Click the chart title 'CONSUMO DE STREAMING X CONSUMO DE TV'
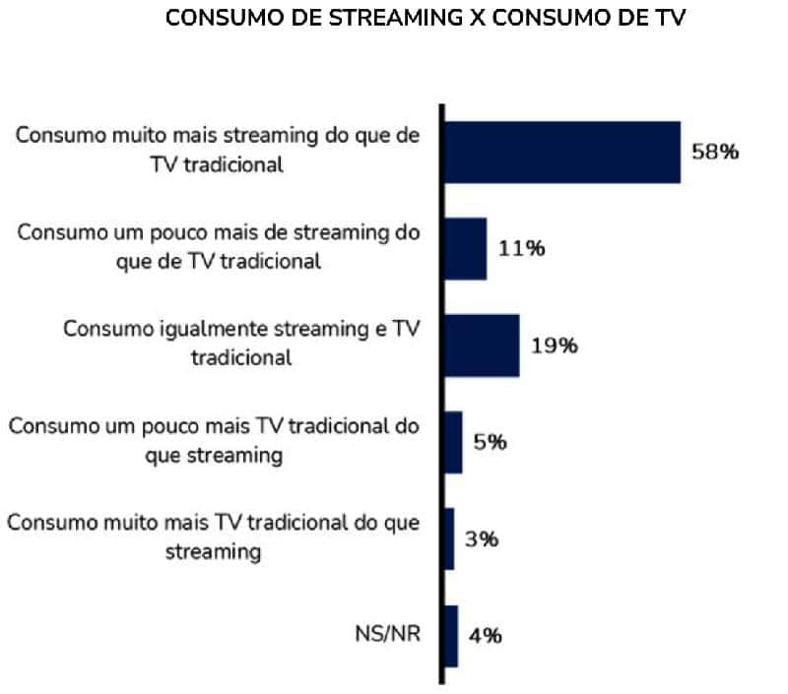point(425,20)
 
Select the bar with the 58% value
point(561,153)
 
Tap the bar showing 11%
point(465,249)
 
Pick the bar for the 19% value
point(482,346)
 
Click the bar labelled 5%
point(453,442)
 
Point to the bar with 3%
point(449,538)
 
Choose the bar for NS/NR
point(451,636)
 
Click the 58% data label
point(714,154)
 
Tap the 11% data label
point(521,249)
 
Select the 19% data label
point(554,347)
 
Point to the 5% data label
point(490,443)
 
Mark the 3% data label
point(483,539)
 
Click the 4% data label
point(486,636)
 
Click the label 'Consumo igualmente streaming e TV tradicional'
point(241,343)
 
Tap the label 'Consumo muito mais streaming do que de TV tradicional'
point(218,150)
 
